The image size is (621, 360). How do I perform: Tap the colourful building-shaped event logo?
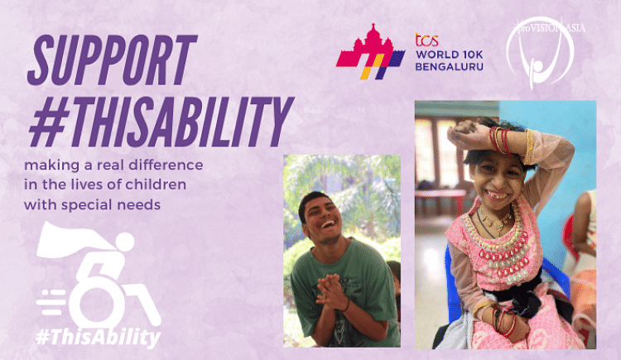click(370, 56)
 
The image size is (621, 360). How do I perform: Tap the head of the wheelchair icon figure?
click(125, 242)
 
